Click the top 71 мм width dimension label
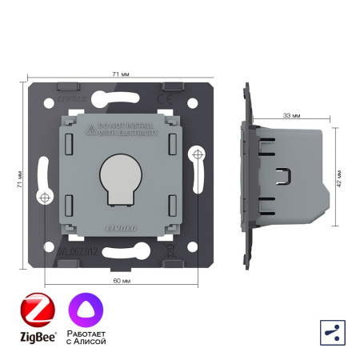[x=117, y=74]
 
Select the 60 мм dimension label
[x=117, y=282]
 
